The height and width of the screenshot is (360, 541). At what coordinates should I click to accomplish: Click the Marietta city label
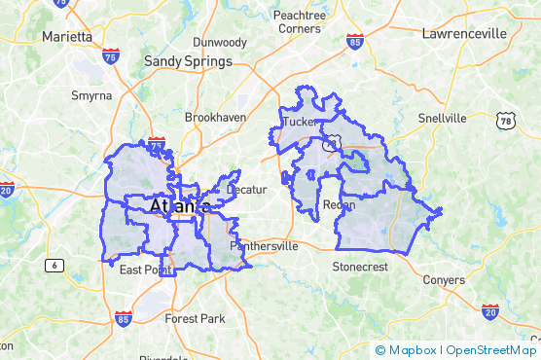(67, 36)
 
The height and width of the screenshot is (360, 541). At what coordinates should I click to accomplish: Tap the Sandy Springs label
(188, 61)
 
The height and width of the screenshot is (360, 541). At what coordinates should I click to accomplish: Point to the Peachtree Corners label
(300, 22)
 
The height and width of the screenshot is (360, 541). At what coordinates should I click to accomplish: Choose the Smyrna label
(92, 96)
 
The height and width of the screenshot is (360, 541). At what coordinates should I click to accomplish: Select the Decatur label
(246, 189)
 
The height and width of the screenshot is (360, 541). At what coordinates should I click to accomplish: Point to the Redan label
(339, 205)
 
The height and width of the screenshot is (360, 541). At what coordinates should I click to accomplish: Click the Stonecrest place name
(360, 266)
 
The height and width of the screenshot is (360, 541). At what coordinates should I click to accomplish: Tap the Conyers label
(444, 280)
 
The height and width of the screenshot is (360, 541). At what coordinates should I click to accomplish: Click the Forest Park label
(195, 318)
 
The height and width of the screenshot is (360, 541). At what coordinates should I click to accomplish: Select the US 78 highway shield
(504, 121)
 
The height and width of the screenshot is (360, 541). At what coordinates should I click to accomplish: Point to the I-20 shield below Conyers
(490, 311)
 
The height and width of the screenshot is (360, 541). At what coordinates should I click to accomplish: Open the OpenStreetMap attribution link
(490, 350)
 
